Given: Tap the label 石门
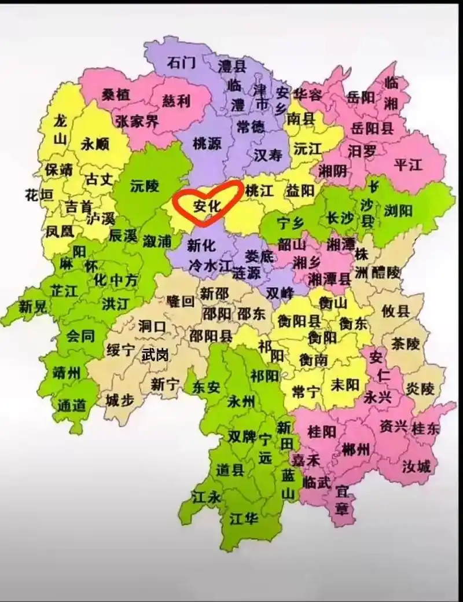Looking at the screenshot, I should pos(181,62).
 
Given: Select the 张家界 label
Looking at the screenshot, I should pos(137,122).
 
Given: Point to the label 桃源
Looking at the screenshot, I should pos(207,144).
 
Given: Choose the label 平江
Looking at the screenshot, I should pos(408,164).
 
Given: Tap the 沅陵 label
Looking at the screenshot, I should pos(144,186).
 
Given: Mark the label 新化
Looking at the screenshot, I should pos(201,245).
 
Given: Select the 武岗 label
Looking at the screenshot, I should pos(155,355).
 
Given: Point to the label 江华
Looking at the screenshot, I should pos(243,518).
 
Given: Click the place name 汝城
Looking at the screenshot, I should pos(416,466).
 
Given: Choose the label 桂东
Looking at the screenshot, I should pos(425,428).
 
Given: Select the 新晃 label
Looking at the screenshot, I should pos(32,307).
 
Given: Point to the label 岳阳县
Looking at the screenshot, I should pos(371,128).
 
